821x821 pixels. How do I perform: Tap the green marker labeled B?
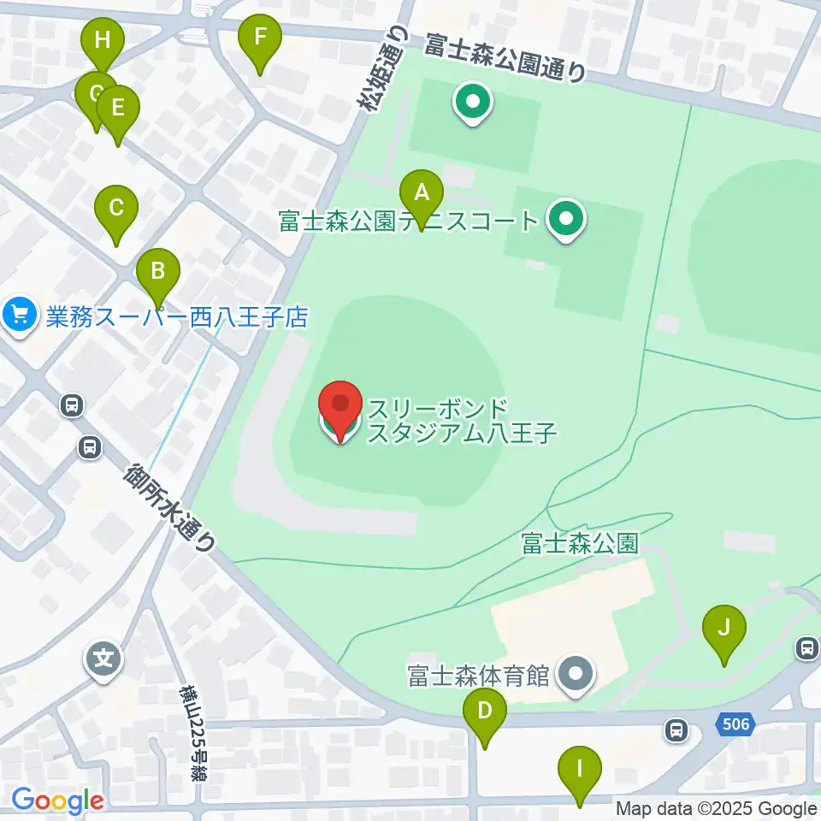coord(158,272)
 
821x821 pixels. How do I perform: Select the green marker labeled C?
coord(116,208)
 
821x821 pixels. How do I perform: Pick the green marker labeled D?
coord(485,711)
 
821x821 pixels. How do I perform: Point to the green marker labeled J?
coord(724,629)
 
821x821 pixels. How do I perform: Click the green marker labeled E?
coord(117,109)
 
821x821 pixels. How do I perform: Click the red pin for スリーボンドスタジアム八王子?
coord(340,407)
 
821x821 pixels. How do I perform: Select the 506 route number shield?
coord(735,725)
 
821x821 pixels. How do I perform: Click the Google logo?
coord(57,801)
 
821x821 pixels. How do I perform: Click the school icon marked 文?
coord(104,659)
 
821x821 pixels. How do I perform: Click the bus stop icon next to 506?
coord(676,729)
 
